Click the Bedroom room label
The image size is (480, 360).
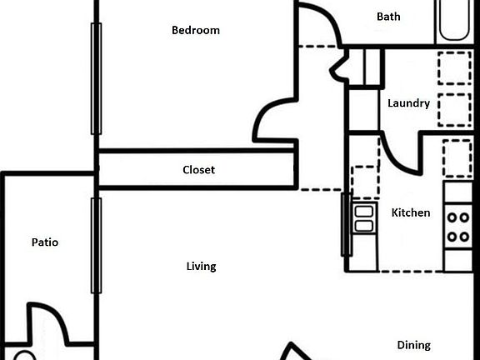click(196, 30)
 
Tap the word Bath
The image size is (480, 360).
click(388, 17)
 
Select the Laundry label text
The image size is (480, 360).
click(408, 103)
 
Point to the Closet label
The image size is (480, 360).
click(198, 170)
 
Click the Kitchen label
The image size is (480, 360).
click(411, 212)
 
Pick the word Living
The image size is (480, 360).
click(201, 267)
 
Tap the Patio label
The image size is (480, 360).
click(45, 242)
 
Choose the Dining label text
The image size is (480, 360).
click(414, 345)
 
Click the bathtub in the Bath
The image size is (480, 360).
click(454, 20)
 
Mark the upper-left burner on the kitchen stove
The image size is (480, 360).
click(452, 217)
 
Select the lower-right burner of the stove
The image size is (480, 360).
click(464, 237)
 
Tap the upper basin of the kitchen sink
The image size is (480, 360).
click(364, 212)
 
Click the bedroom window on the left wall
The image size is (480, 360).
click(96, 78)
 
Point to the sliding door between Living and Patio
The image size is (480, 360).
click(96, 246)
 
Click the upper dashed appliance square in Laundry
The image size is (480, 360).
click(455, 68)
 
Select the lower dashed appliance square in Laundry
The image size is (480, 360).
click(455, 110)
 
